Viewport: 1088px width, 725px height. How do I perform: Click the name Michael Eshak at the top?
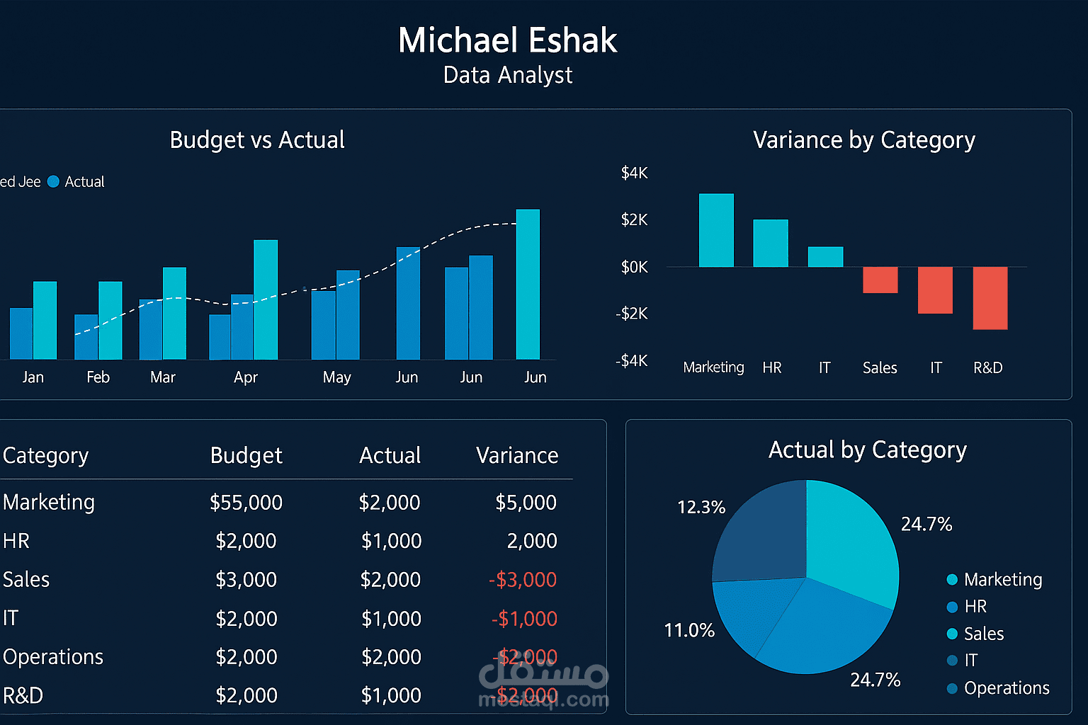[x=507, y=40]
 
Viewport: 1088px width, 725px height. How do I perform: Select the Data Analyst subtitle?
[x=507, y=75]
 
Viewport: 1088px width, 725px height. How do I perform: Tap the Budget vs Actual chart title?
[x=257, y=140]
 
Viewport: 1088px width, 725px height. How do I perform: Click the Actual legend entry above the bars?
[x=84, y=182]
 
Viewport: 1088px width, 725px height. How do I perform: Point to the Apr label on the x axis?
[x=245, y=377]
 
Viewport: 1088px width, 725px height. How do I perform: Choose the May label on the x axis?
[x=336, y=377]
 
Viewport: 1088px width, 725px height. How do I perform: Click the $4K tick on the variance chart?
[x=634, y=173]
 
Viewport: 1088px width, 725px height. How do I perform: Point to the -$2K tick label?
[x=631, y=314]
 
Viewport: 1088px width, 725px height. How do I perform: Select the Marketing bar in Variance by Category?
[x=716, y=230]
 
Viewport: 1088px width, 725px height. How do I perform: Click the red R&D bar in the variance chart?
[x=990, y=298]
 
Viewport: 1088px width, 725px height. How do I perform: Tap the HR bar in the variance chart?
[x=770, y=243]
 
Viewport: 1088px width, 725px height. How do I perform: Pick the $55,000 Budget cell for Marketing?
[x=246, y=503]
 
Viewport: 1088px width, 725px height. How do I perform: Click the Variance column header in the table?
[x=517, y=455]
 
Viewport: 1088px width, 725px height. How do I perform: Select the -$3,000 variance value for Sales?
[x=523, y=580]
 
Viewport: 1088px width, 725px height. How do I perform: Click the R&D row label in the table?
[x=23, y=696]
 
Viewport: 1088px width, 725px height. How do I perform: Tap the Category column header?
[x=46, y=455]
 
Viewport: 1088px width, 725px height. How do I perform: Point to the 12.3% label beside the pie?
[x=701, y=508]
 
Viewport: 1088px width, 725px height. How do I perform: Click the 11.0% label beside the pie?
[x=688, y=630]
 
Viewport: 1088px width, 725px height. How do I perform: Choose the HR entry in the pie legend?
[x=975, y=607]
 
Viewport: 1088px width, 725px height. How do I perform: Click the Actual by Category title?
[x=867, y=450]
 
